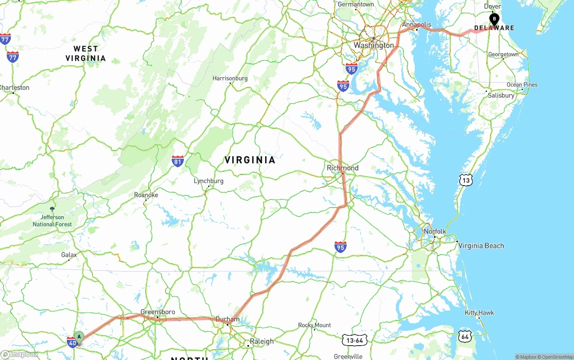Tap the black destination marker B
point(494,19)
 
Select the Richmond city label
point(343,168)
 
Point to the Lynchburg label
point(209,181)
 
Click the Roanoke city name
point(146,195)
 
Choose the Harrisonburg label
point(230,78)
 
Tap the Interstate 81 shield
point(178,161)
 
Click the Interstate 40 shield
point(72,343)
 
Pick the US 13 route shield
point(466,180)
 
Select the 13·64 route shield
point(354,340)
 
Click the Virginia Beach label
point(481,246)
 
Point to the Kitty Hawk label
point(479,312)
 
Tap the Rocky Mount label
point(315,325)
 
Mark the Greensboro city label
point(158,312)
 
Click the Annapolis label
point(417,25)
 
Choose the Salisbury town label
point(501,95)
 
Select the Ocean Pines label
point(522,85)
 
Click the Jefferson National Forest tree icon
point(52,209)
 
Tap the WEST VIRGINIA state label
point(86,53)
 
